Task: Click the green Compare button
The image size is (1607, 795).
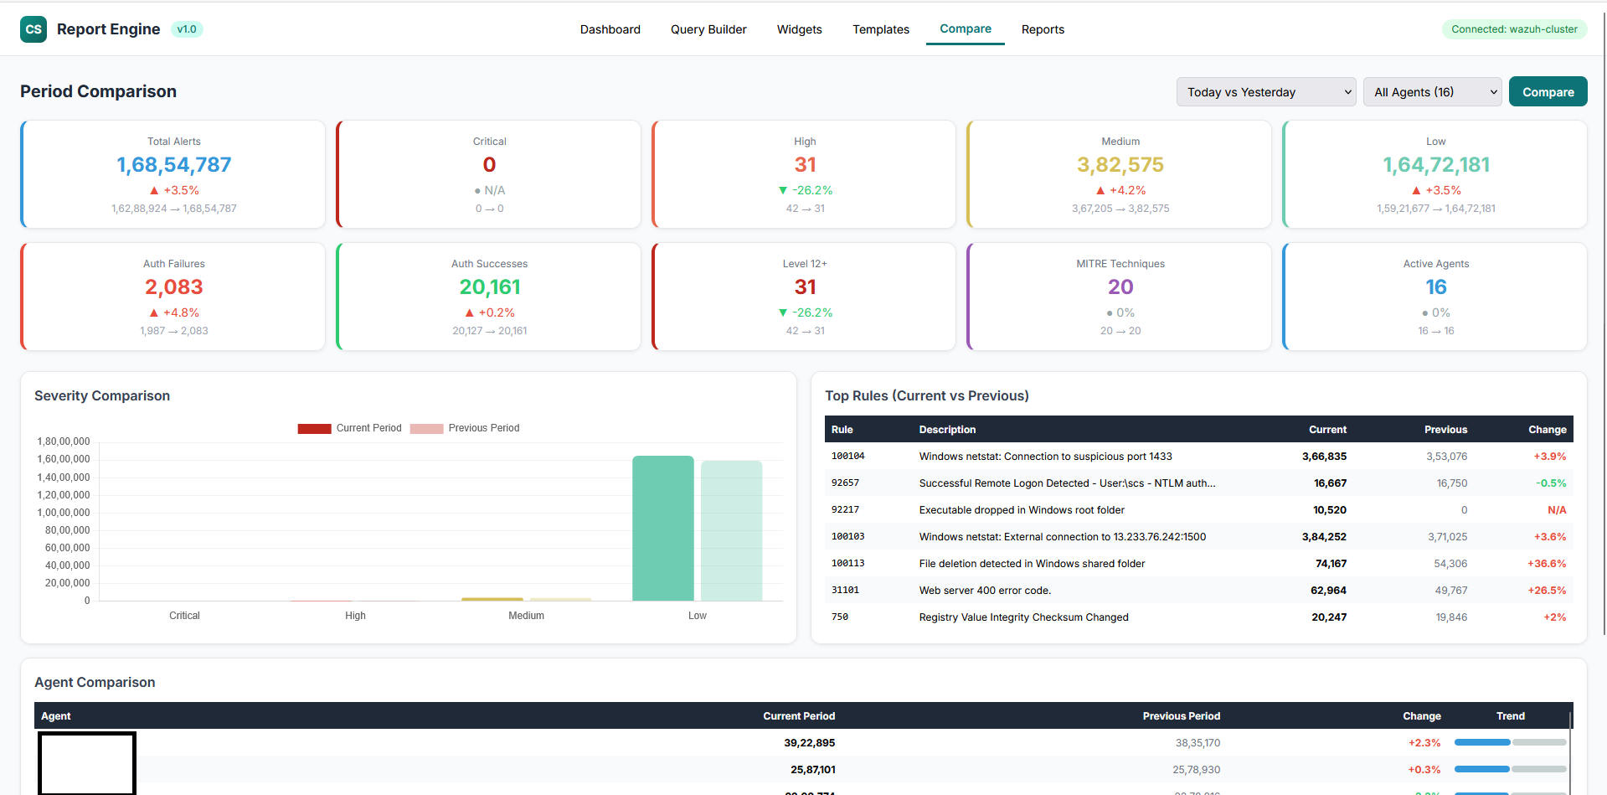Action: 1548,92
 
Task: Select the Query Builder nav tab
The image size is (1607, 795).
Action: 708,29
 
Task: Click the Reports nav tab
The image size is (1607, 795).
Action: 1043,29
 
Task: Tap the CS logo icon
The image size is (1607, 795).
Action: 33,29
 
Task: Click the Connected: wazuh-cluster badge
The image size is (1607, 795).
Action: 1514,29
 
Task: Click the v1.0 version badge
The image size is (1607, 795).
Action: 187,29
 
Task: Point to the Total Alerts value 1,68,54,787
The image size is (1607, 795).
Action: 174,165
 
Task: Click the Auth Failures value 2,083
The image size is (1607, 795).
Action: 174,287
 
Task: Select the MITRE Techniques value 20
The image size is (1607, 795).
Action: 1120,287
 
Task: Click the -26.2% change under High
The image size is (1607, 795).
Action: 806,190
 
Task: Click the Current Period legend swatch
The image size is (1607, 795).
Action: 314,428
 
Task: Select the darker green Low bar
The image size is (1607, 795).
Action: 662,528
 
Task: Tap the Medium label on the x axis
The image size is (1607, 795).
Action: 526,616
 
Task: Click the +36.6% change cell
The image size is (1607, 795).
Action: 1546,564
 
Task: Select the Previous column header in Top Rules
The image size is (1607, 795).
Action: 1445,430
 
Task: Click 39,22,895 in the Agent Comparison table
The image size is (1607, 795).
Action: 809,743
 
